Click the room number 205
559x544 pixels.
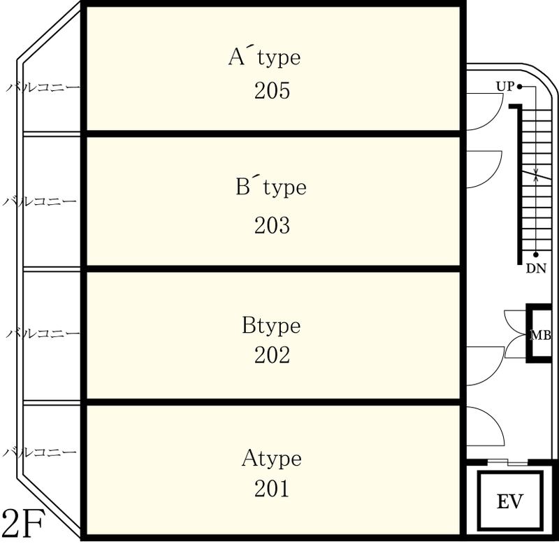[272, 91]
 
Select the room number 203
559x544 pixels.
[272, 225]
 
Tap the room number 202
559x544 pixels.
[272, 355]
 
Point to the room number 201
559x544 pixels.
[272, 488]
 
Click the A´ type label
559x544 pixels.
[265, 57]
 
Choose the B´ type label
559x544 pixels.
[271, 187]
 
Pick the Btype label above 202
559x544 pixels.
[271, 326]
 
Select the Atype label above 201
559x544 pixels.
[272, 459]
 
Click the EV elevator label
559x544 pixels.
[510, 501]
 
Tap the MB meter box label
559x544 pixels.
[541, 336]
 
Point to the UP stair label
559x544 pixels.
[505, 86]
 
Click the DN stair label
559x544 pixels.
[536, 269]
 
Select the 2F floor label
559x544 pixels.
[23, 522]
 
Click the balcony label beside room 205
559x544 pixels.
[43, 87]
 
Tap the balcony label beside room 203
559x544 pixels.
[40, 201]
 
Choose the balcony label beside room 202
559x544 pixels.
[43, 334]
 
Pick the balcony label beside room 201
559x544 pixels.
[40, 452]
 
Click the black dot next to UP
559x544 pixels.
[520, 86]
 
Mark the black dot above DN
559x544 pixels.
[536, 255]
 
